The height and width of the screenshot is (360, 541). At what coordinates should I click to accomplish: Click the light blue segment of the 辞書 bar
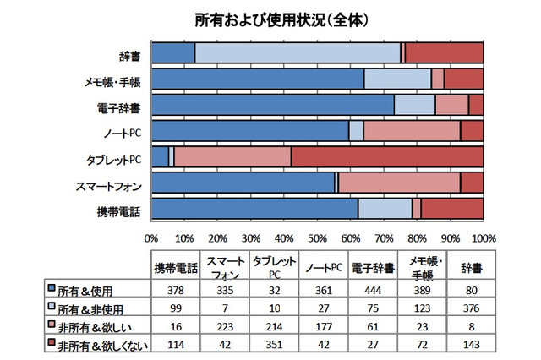point(298,52)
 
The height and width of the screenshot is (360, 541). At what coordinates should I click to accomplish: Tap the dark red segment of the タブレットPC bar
point(387,156)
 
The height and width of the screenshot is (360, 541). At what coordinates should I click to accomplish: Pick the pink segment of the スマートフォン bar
point(399,183)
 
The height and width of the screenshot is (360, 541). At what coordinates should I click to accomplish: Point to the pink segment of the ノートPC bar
point(412,130)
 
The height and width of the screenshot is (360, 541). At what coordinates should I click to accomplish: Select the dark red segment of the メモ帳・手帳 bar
point(464,79)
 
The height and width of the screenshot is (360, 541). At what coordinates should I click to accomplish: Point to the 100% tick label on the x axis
point(483,237)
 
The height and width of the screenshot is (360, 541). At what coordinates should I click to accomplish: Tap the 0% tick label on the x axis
point(152,237)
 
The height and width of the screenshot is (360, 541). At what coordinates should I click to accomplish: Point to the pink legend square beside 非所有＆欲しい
point(52,324)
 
